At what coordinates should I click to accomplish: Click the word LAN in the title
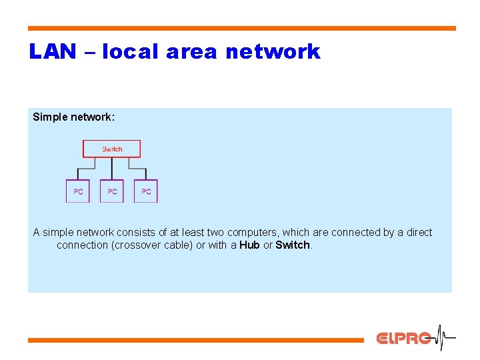[x=53, y=52]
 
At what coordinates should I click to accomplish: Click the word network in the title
[x=273, y=52]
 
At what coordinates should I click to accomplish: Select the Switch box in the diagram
[x=111, y=149]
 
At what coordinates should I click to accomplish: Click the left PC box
[x=78, y=191]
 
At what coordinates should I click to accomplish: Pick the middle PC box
[x=112, y=191]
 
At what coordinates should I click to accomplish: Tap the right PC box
[x=146, y=191]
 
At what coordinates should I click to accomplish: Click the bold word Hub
[x=249, y=245]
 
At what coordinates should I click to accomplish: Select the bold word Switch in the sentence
[x=293, y=245]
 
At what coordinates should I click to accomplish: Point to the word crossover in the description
[x=142, y=245]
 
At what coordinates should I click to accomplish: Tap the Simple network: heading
[x=74, y=117]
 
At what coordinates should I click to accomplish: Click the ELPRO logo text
[x=403, y=339]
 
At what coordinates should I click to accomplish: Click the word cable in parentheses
[x=179, y=245]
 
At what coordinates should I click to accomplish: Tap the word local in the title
[x=130, y=52]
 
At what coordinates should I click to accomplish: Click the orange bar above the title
[x=241, y=29]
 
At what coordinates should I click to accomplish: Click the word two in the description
[x=215, y=233]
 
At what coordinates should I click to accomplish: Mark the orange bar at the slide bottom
[x=196, y=340]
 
